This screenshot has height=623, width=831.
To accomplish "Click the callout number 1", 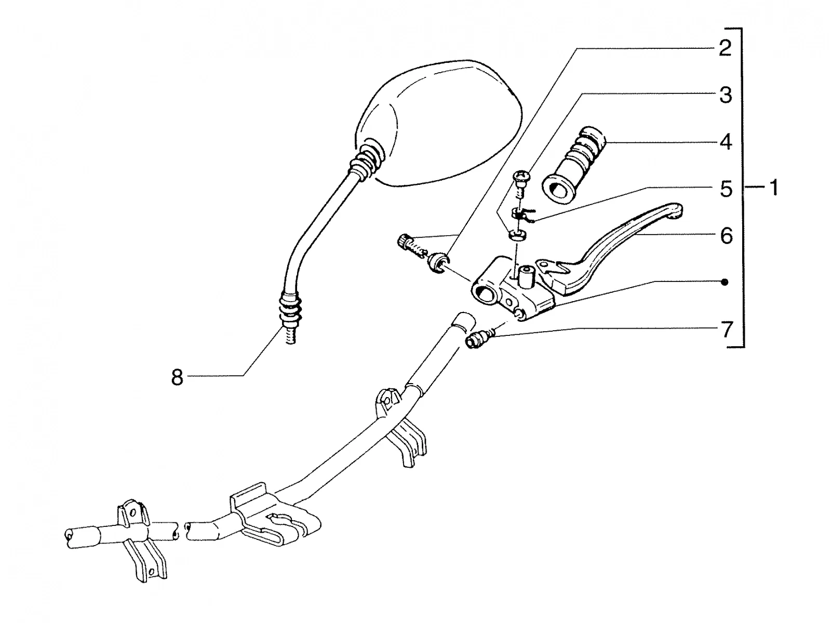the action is coord(774,187).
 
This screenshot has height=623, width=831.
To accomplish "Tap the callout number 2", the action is coord(725,48).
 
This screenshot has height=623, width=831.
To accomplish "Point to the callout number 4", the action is coord(726,142).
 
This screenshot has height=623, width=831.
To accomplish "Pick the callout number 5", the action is coord(726,188).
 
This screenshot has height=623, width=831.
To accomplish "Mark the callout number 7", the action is coord(726,329).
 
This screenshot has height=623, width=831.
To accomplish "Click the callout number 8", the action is coord(177,377).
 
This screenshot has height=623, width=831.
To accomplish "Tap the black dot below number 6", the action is coord(725,282).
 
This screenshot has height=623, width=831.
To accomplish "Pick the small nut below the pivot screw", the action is coord(517,235).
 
